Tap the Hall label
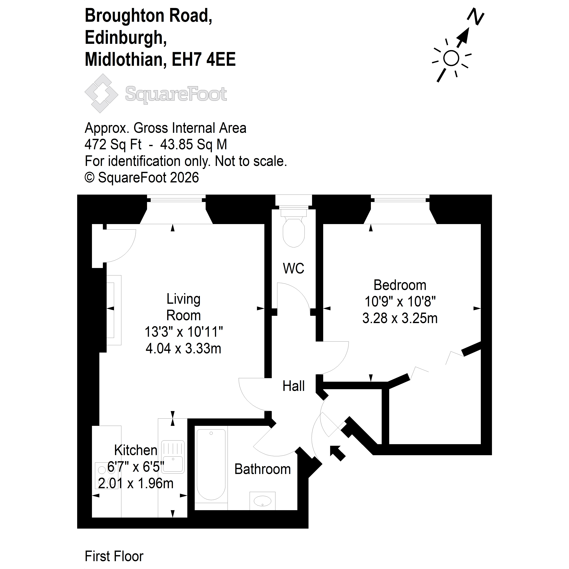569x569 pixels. (x=293, y=386)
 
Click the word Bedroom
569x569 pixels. (x=400, y=285)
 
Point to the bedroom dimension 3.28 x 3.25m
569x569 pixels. (x=400, y=318)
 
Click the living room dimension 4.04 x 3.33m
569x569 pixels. (x=183, y=349)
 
